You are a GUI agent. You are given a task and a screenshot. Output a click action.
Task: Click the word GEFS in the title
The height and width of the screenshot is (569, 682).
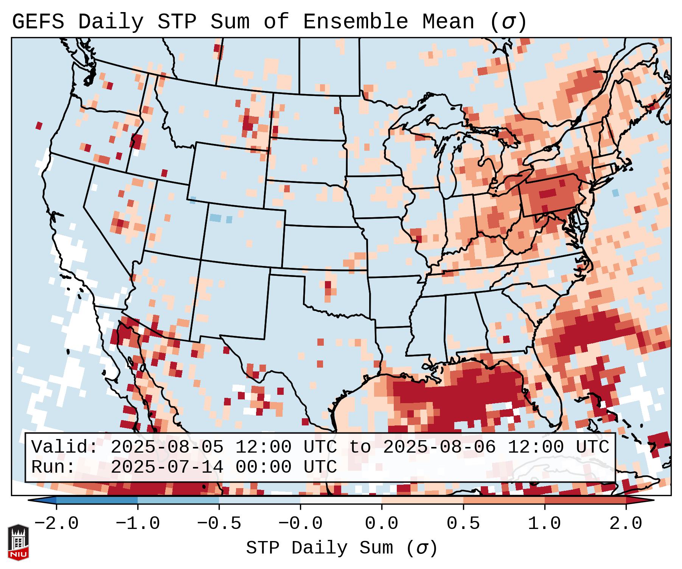[x=38, y=22]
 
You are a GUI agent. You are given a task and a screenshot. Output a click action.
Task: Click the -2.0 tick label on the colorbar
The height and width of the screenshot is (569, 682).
[x=56, y=524]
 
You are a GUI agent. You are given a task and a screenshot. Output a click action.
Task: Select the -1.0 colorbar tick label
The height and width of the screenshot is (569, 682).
[x=138, y=524]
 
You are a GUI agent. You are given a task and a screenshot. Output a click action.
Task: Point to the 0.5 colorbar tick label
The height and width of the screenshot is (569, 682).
[x=463, y=524]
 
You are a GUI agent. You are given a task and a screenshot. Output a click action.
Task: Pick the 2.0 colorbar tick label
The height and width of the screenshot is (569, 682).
[x=626, y=524]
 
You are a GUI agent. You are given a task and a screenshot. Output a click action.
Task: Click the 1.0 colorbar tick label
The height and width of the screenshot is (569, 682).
[x=544, y=524]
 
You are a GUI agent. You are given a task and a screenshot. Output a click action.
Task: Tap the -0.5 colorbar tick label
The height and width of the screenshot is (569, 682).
[x=219, y=524]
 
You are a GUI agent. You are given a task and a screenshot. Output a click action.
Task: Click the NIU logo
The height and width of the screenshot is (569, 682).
[x=18, y=542]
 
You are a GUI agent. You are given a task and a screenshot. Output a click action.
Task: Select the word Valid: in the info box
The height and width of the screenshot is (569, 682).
[x=65, y=447]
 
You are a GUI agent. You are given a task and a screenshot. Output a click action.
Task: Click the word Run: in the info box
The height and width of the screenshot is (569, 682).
[x=53, y=467]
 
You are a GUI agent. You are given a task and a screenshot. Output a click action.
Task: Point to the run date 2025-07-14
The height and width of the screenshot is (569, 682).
[x=167, y=467]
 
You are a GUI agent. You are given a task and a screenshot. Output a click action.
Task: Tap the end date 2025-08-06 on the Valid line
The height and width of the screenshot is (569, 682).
[x=439, y=447]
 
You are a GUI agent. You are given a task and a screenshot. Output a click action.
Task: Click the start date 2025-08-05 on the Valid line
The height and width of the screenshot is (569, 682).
[x=167, y=447]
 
